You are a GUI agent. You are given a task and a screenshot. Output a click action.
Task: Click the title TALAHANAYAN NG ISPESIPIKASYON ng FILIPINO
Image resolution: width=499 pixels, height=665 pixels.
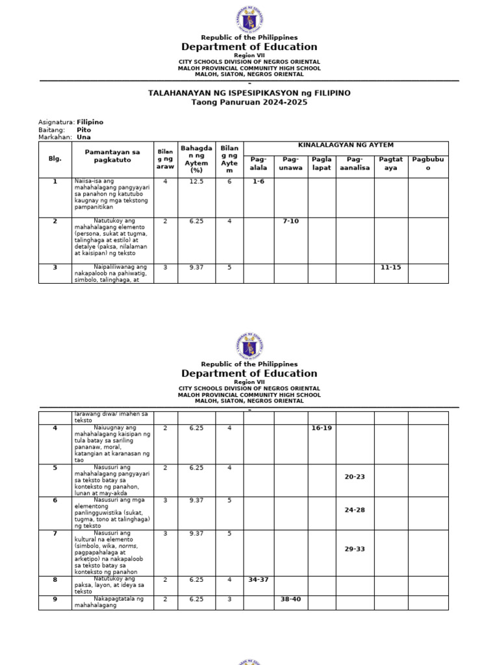[x=249, y=93]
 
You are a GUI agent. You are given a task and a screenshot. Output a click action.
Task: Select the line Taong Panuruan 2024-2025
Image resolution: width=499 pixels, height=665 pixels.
[x=249, y=103]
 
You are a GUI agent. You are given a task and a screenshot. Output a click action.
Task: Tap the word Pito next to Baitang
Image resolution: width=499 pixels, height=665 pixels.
[x=84, y=130]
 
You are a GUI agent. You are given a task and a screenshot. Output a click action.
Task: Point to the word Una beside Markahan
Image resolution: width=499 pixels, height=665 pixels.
[x=84, y=138]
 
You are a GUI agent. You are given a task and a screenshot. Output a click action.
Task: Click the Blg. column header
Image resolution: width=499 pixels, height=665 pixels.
[x=55, y=158]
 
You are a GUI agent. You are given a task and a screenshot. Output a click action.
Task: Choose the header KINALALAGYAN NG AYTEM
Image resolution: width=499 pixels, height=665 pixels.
[x=346, y=145]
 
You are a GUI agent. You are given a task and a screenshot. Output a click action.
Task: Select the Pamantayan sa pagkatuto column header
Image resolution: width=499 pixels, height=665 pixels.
[x=112, y=155]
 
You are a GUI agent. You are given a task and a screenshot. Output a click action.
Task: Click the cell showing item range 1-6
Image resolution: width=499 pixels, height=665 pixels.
[x=259, y=182]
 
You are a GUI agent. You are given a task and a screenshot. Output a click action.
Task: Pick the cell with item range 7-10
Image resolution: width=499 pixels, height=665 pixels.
[x=290, y=221]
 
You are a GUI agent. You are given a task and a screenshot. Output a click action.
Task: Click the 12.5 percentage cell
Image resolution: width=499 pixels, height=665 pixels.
[x=197, y=182]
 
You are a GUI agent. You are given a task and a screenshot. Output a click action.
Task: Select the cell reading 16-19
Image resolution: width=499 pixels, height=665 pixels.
[x=322, y=428]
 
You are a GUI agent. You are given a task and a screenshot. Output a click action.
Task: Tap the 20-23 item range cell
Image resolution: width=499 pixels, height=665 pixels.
[x=355, y=477]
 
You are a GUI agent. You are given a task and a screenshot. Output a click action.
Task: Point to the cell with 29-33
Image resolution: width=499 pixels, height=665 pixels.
[x=355, y=549]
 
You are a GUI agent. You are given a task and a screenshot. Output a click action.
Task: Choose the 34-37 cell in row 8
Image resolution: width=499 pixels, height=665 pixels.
[x=259, y=579]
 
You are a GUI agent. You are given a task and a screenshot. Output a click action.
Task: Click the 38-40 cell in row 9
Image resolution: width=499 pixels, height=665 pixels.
[x=290, y=599]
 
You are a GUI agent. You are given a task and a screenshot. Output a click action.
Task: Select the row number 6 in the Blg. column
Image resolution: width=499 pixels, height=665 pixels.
[x=55, y=500]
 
